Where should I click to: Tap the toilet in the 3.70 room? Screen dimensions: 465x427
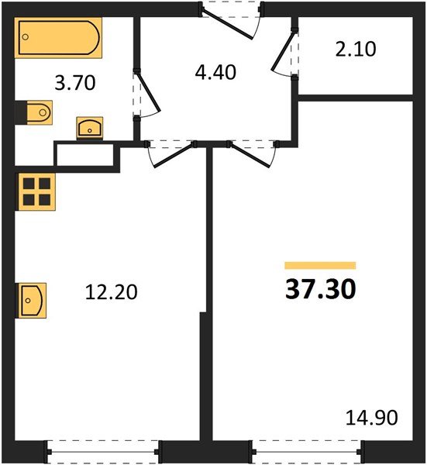pyautogui.click(x=34, y=114)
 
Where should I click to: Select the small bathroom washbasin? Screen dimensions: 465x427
pyautogui.click(x=91, y=128)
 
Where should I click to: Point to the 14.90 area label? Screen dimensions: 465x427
pyautogui.click(x=371, y=418)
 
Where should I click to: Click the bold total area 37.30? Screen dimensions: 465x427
pyautogui.click(x=321, y=289)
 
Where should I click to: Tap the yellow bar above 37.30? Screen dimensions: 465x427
pyautogui.click(x=320, y=265)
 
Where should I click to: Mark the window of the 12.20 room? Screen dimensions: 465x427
pyautogui.click(x=104, y=449)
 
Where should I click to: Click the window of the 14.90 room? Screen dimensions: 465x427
pyautogui.click(x=308, y=449)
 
